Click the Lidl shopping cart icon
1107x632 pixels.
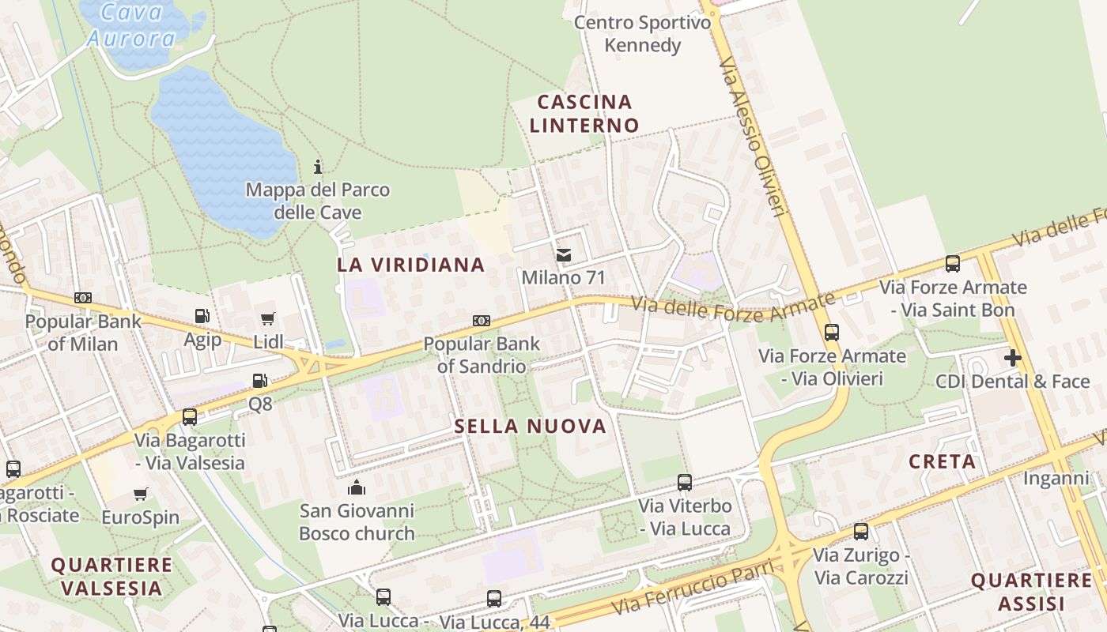268,319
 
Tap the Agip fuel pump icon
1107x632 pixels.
202,316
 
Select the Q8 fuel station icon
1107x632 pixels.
259,381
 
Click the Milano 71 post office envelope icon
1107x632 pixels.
563,255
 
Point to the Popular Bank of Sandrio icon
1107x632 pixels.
481,321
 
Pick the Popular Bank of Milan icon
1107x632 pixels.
82,298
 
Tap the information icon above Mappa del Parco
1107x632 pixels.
318,167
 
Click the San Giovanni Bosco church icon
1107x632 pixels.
357,487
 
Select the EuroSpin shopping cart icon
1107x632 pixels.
141,495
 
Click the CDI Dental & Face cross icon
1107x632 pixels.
1012,358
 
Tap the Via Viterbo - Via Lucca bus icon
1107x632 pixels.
685,482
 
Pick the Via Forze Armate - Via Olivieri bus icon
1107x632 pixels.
831,333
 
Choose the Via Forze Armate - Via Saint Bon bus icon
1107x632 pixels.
953,264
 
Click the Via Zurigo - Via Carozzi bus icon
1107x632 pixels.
861,532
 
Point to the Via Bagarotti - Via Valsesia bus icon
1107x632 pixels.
190,416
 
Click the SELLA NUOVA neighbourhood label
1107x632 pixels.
530,427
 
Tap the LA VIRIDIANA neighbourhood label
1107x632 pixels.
410,265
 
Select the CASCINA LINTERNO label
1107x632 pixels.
584,113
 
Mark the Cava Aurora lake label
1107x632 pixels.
132,25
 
